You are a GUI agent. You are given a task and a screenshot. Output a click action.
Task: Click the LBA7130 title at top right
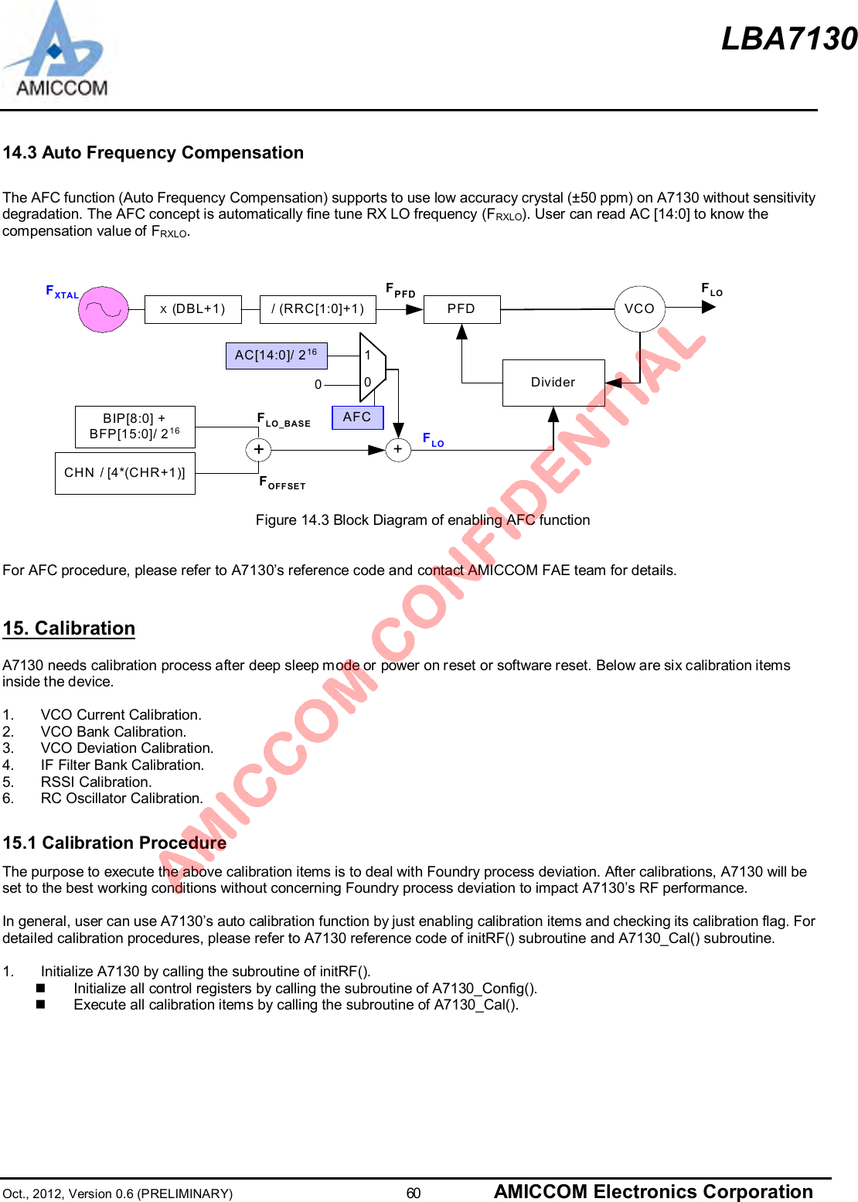(788, 39)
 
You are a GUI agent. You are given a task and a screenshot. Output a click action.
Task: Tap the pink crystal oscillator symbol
(104, 309)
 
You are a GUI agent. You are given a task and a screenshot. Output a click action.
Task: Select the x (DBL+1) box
(192, 309)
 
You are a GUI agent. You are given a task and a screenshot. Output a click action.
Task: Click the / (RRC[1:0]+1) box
(318, 309)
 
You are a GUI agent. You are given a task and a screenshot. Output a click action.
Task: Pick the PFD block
(461, 309)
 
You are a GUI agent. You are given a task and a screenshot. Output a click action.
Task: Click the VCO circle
(639, 309)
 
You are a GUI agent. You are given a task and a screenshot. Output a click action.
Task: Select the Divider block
(553, 383)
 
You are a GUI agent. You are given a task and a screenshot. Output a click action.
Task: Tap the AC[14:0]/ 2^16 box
(276, 356)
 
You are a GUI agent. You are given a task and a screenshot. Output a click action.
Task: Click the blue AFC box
(357, 417)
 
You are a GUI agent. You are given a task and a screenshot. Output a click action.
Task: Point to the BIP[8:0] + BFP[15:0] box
(134, 427)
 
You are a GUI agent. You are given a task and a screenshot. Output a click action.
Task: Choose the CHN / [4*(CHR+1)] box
(124, 473)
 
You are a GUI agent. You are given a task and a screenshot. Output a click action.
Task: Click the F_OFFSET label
(282, 483)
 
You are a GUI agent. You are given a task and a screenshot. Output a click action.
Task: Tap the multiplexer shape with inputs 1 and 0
(372, 368)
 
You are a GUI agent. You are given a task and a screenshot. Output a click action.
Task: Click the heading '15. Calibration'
(69, 628)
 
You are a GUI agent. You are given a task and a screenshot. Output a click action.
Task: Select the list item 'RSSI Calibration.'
(96, 781)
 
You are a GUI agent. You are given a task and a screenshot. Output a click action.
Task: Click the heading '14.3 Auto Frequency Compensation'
(153, 153)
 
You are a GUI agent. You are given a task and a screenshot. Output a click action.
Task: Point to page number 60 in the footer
(414, 1193)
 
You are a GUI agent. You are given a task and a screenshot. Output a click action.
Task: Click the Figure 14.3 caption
(423, 520)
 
